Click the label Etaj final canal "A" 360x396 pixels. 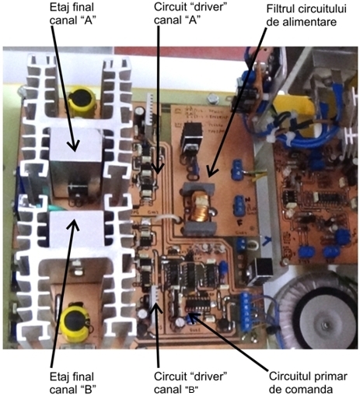(72, 13)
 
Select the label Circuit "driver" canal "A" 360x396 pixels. (190, 13)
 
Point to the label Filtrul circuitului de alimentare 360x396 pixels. (306, 16)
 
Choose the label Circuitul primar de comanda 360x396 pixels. (308, 383)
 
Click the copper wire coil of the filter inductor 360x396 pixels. (200, 209)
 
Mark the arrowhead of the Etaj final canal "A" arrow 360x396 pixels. (74, 145)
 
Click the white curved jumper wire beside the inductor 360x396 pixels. (166, 219)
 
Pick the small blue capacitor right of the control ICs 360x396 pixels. (223, 267)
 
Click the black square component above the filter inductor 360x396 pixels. (192, 136)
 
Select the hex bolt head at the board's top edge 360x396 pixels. (212, 100)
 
